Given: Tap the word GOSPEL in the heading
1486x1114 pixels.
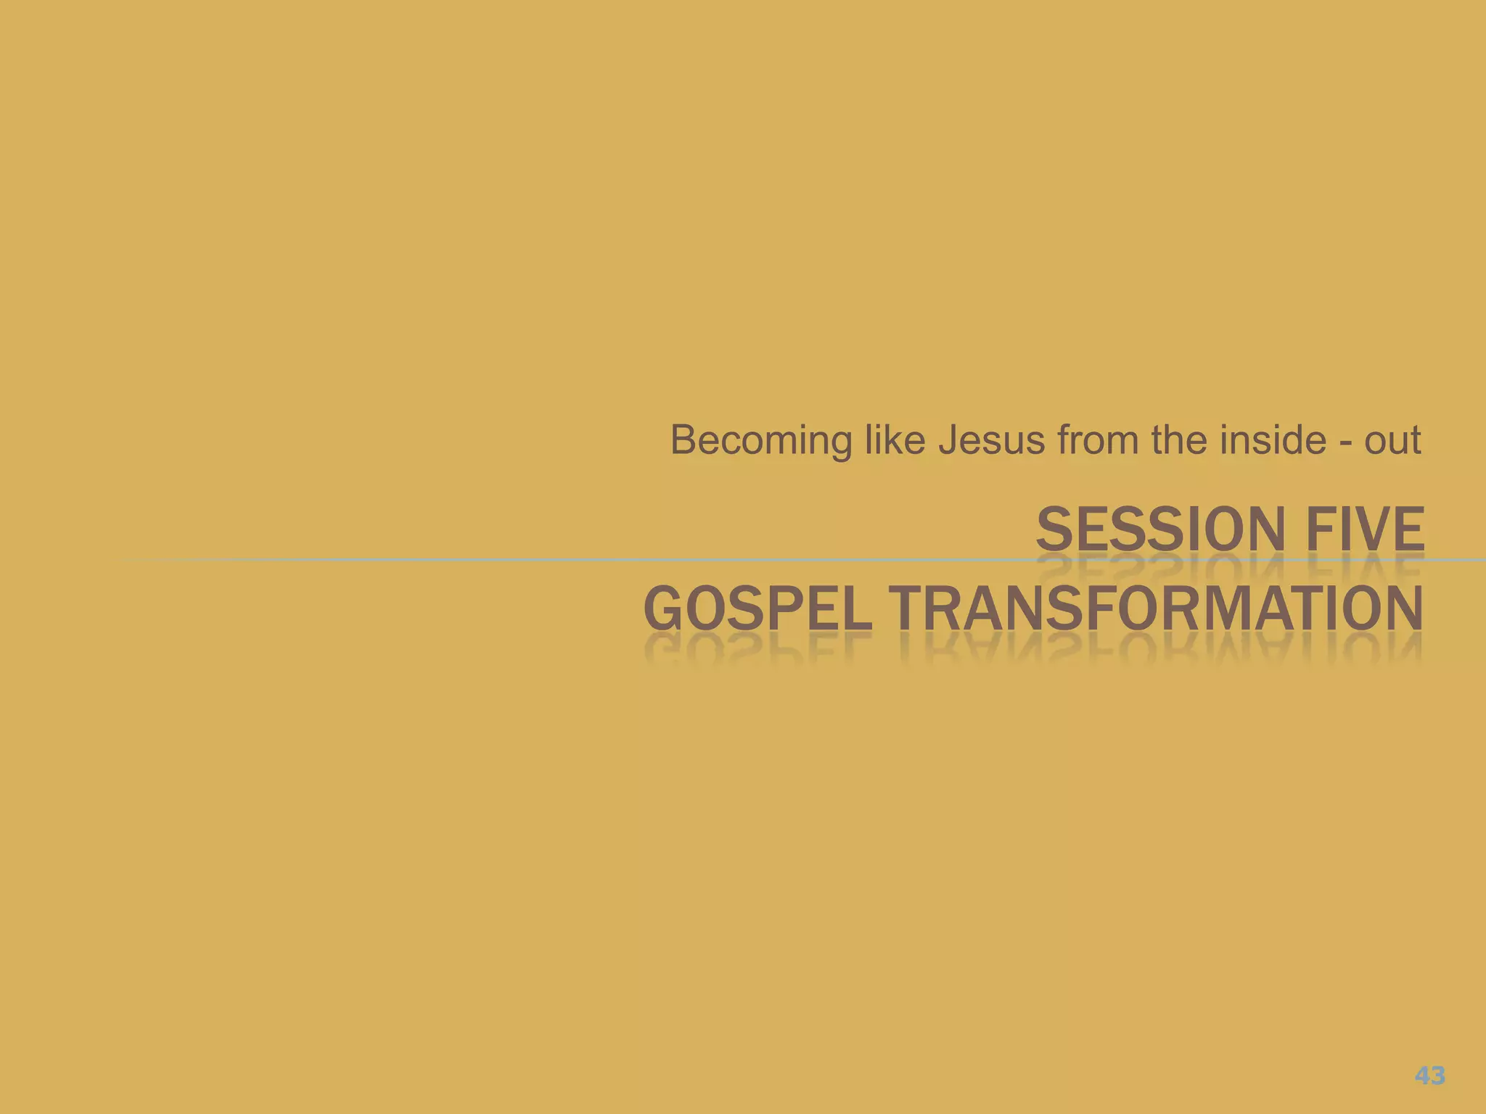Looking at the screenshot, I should click(x=757, y=608).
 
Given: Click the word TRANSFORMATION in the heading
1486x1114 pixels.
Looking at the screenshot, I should click(x=1154, y=608).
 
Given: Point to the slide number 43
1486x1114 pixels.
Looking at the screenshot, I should click(x=1429, y=1075).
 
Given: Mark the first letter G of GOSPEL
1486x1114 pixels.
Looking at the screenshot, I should click(x=662, y=608).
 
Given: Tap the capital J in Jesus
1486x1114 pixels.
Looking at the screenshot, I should click(x=949, y=440).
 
